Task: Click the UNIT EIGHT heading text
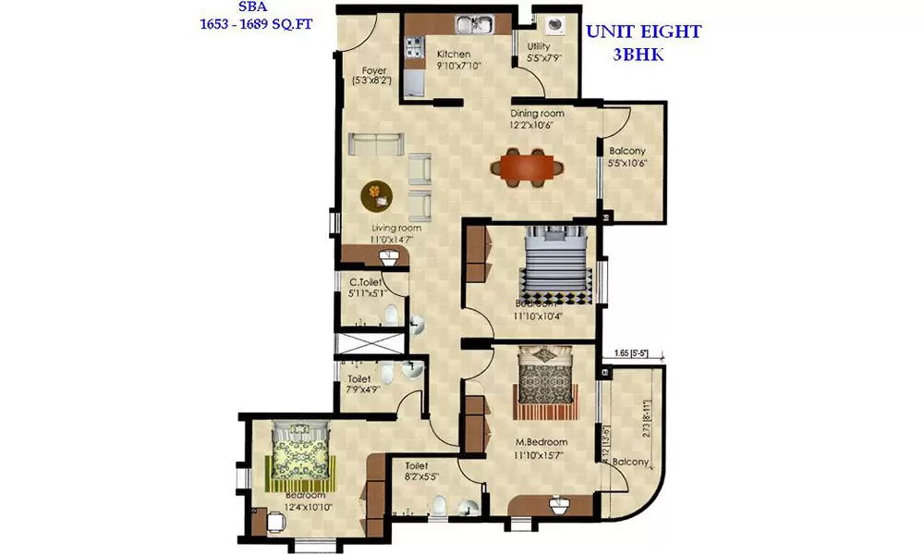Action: tap(643, 31)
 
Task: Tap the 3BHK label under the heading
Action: tap(643, 54)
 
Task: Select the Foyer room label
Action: tap(373, 70)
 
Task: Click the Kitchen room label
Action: tap(454, 54)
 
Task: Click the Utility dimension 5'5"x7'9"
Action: tap(544, 58)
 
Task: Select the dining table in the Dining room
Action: tap(524, 167)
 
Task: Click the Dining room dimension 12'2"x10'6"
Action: tap(537, 127)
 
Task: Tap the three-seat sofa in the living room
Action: tap(375, 145)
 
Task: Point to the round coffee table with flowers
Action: tap(375, 194)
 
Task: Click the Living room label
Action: tap(396, 228)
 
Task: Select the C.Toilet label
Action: tap(366, 282)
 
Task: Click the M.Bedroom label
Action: tap(541, 443)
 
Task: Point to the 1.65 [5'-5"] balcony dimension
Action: tap(635, 352)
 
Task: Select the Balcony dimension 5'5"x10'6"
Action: tap(627, 164)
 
